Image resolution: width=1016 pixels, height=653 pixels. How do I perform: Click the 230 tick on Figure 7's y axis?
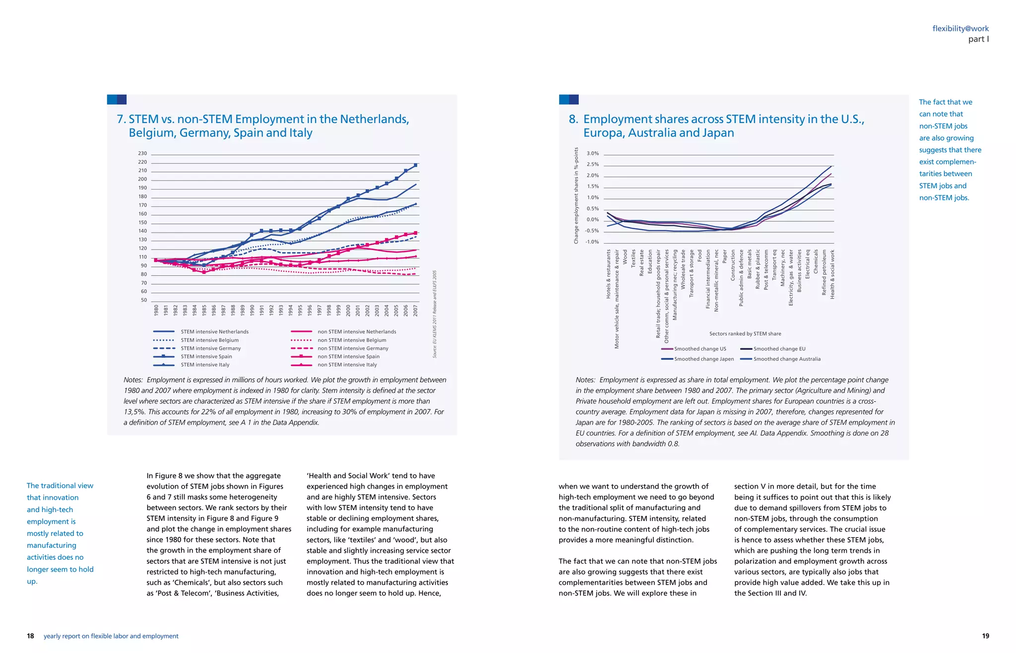click(x=142, y=154)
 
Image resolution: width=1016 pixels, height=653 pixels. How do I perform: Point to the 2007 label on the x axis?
click(x=415, y=311)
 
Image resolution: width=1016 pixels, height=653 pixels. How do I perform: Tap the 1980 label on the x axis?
click(x=156, y=311)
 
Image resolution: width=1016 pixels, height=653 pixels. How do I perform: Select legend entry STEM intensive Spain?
click(x=206, y=357)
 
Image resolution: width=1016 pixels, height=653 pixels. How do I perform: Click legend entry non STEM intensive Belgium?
click(x=351, y=340)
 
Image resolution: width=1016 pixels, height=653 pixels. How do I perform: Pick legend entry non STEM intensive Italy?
click(x=347, y=365)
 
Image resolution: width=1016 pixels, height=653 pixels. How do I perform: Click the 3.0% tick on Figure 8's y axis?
click(x=592, y=154)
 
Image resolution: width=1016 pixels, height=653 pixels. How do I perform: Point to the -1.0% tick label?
click(x=592, y=242)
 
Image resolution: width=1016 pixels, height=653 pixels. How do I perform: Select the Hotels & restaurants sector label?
click(x=609, y=274)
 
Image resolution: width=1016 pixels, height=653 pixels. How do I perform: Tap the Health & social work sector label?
click(x=832, y=274)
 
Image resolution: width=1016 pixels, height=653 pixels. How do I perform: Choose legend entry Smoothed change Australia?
click(x=787, y=359)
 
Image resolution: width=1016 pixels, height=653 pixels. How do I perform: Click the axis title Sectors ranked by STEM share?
click(x=745, y=334)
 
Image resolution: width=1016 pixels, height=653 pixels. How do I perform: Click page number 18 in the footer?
click(x=30, y=636)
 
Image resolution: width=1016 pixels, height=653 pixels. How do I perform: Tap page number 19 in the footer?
click(x=985, y=636)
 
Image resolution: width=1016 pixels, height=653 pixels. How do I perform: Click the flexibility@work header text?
click(x=960, y=29)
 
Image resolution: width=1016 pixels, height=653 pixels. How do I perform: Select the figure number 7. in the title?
click(x=122, y=120)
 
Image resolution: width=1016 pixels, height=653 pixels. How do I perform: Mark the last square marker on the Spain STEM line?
click(x=415, y=165)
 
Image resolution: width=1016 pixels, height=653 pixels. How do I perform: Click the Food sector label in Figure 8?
click(x=699, y=256)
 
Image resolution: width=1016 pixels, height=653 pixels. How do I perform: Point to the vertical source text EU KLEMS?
click(x=435, y=314)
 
